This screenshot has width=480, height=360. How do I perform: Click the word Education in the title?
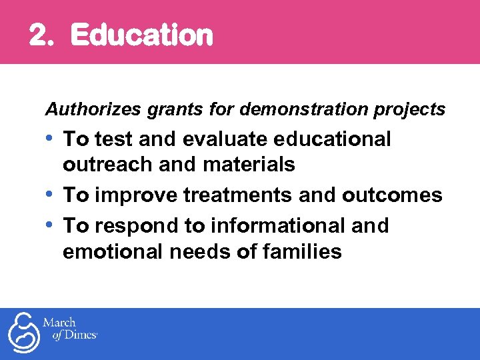pos(141,35)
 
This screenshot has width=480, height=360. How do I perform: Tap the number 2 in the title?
pos(39,36)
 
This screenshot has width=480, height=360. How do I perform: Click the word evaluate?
pos(219,139)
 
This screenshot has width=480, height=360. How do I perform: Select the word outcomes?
pos(392,195)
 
